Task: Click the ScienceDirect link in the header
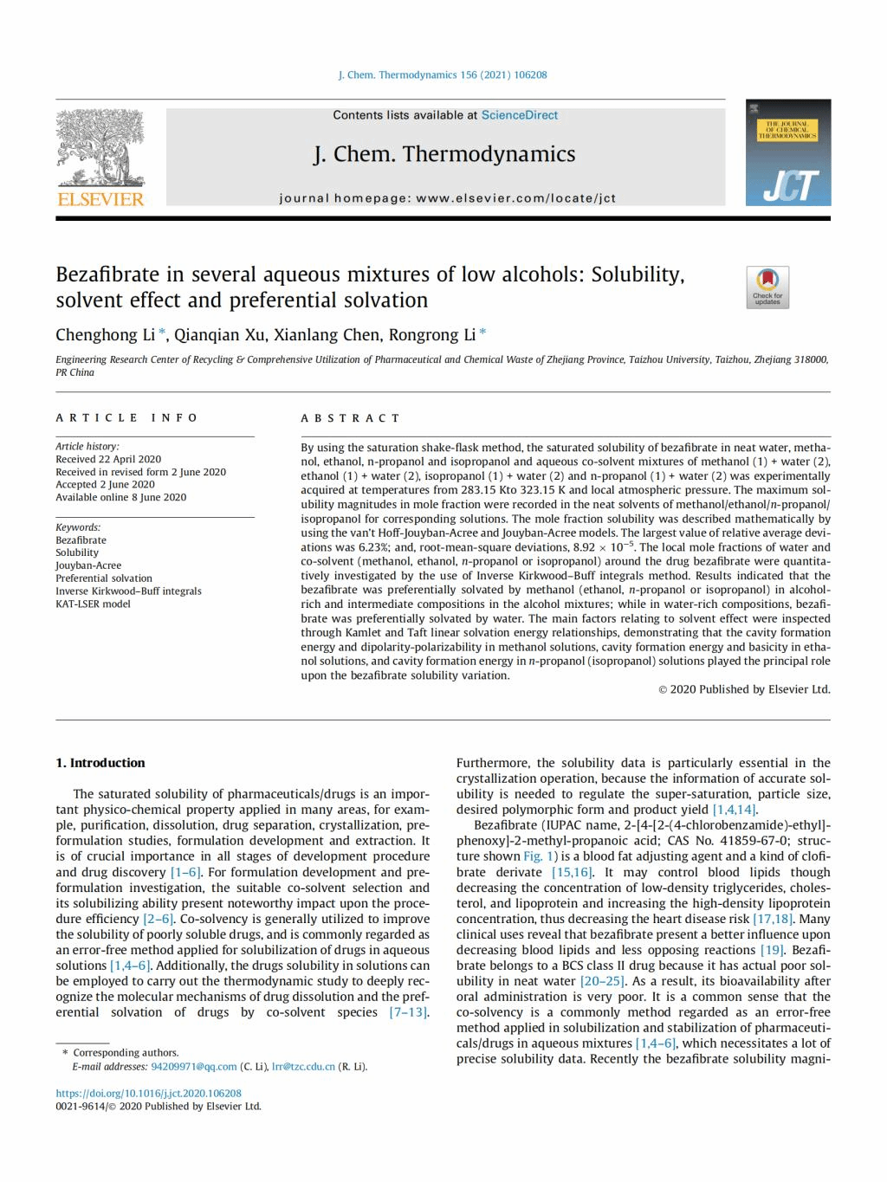pos(520,115)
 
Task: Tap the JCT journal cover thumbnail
pos(787,152)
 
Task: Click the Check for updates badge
pos(767,287)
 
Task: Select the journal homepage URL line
pos(447,198)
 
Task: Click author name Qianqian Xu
pos(220,335)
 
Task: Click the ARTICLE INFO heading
pos(127,417)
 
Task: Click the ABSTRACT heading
pos(351,418)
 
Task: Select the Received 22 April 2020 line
pos(108,459)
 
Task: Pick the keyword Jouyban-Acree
pos(88,565)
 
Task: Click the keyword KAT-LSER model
pos(93,604)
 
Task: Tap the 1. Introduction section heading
pos(100,763)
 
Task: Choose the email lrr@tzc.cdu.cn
pos(303,1066)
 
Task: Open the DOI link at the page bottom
pos(148,1094)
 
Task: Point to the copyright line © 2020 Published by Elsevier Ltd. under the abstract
pos(744,689)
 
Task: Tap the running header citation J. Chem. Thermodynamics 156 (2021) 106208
pos(443,75)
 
